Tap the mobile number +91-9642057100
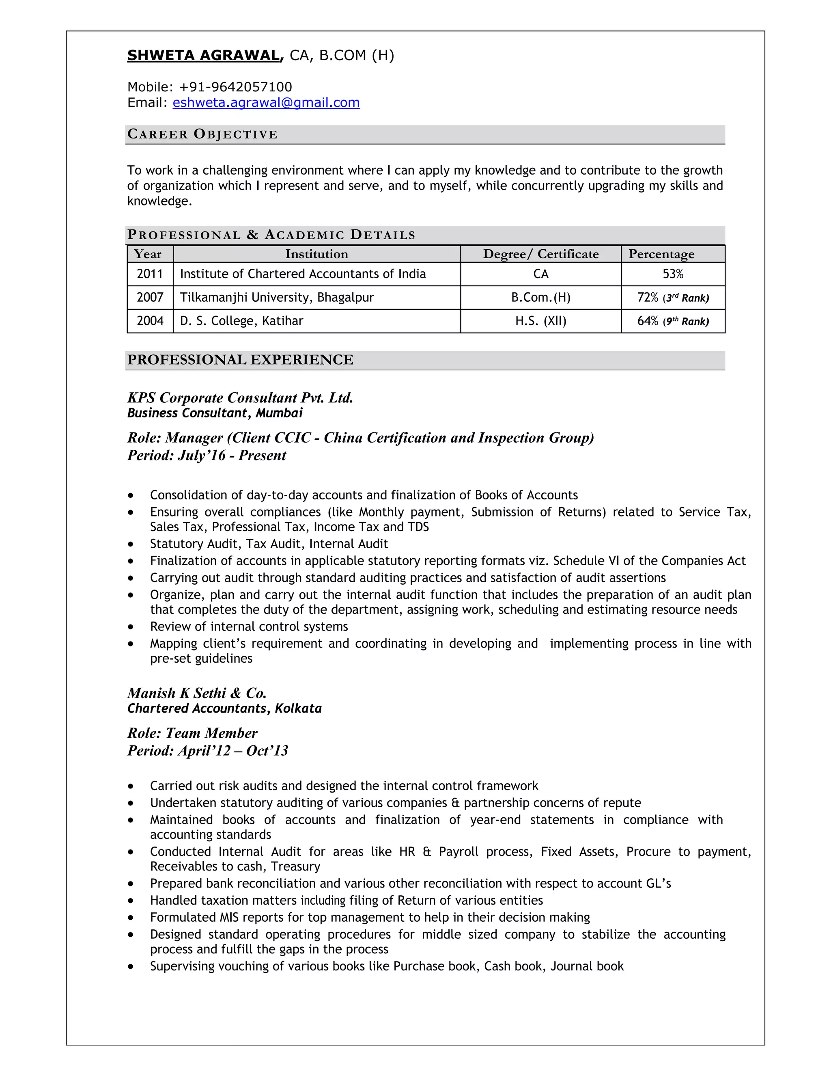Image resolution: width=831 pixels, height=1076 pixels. [x=235, y=87]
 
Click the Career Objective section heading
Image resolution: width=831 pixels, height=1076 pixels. [x=202, y=134]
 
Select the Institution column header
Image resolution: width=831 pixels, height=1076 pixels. [x=316, y=254]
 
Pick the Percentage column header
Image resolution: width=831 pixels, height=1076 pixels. [x=661, y=254]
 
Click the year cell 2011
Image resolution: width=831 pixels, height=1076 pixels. [x=150, y=274]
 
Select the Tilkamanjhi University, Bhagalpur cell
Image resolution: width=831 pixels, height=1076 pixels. [x=277, y=298]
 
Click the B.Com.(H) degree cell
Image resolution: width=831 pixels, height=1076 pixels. [x=540, y=298]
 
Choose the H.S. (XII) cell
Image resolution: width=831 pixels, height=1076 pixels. [x=540, y=321]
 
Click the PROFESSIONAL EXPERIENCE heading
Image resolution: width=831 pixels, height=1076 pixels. [x=240, y=360]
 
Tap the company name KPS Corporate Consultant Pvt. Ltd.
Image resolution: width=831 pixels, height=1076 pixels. [x=240, y=398]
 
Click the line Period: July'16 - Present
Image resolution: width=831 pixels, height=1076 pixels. [x=207, y=455]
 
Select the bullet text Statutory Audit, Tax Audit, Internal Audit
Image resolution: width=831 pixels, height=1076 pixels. [x=269, y=544]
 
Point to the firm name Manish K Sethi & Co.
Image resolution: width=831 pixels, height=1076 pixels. [x=197, y=693]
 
